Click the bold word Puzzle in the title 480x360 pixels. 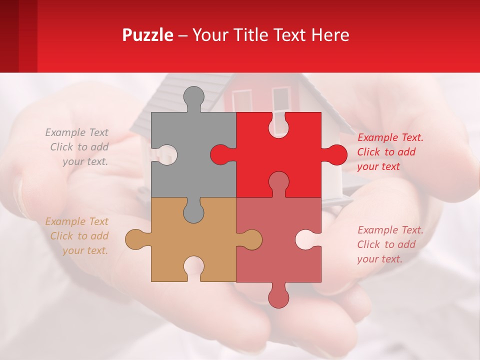[x=147, y=35]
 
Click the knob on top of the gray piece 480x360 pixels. [x=193, y=97]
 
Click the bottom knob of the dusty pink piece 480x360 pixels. [x=278, y=296]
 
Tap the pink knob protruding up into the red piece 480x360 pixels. [x=278, y=182]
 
